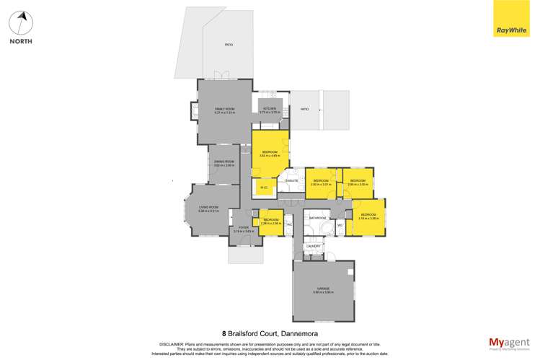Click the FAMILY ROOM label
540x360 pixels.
tap(224, 108)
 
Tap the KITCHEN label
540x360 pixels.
tap(270, 108)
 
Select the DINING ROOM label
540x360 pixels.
tap(224, 162)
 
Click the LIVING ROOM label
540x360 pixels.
tap(209, 206)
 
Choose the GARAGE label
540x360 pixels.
tap(322, 287)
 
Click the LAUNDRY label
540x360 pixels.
tap(312, 246)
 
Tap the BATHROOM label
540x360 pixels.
tap(317, 217)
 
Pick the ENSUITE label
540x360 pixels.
tap(292, 180)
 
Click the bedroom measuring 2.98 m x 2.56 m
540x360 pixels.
tap(271, 221)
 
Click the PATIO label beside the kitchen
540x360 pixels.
tap(304, 109)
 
